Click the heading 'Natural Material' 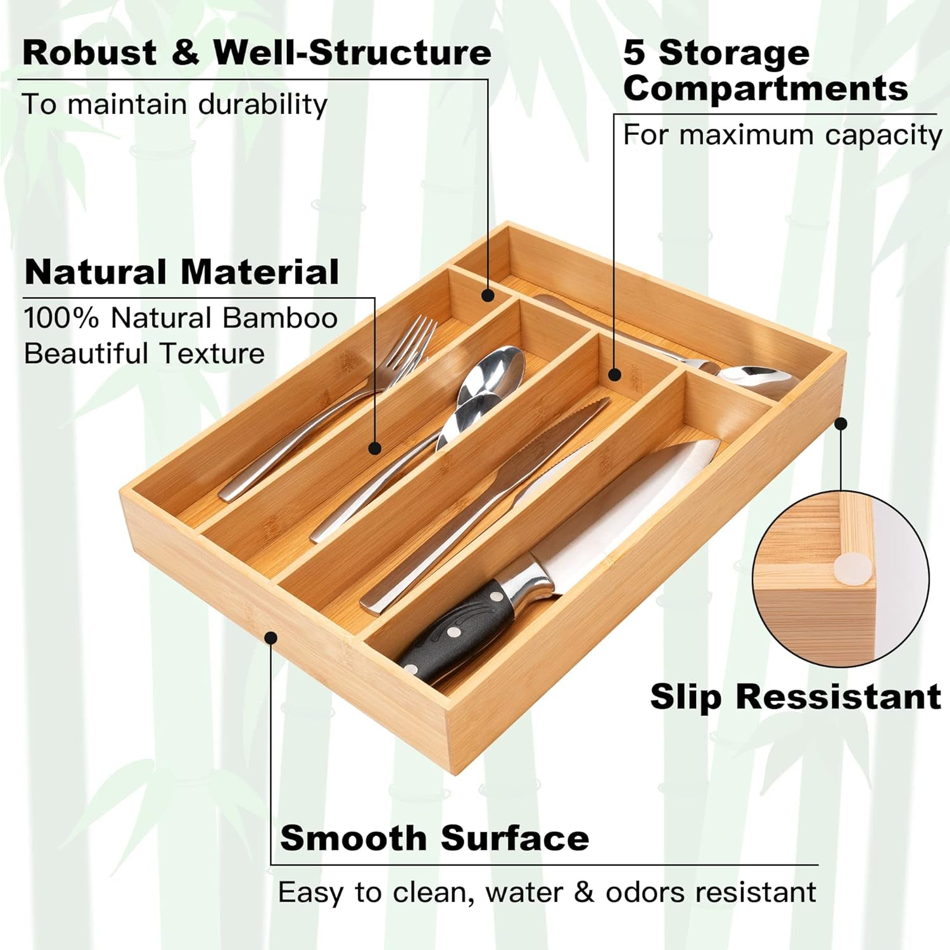point(182,272)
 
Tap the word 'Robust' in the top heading point(89,53)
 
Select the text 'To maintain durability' point(174,104)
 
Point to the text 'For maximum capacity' point(782,135)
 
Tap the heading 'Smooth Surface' point(434,839)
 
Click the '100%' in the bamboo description point(61,318)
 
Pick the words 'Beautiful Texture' point(144,353)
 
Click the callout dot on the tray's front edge point(271,636)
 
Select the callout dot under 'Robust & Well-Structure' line point(487,295)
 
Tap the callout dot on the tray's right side point(841,424)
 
